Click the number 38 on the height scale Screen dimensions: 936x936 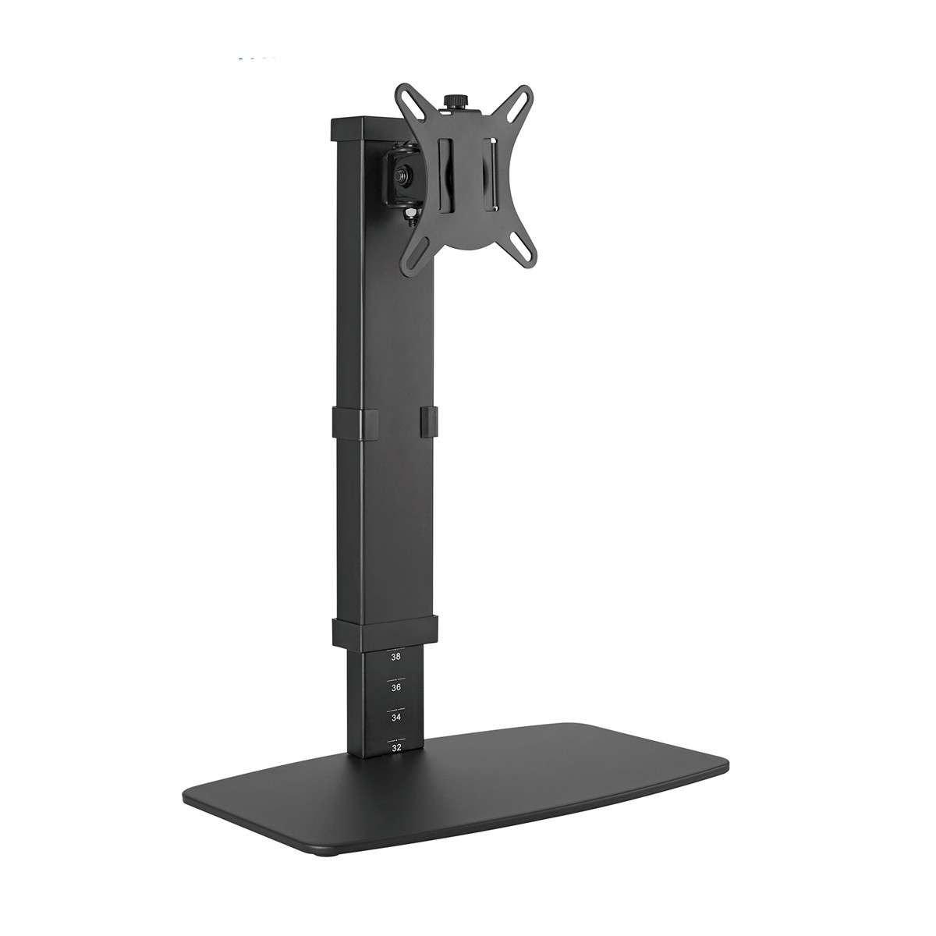396,658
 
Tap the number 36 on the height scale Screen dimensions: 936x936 396,688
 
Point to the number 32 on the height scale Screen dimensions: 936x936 396,747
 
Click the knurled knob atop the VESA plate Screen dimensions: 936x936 452,101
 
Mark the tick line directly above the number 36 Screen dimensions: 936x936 396,678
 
